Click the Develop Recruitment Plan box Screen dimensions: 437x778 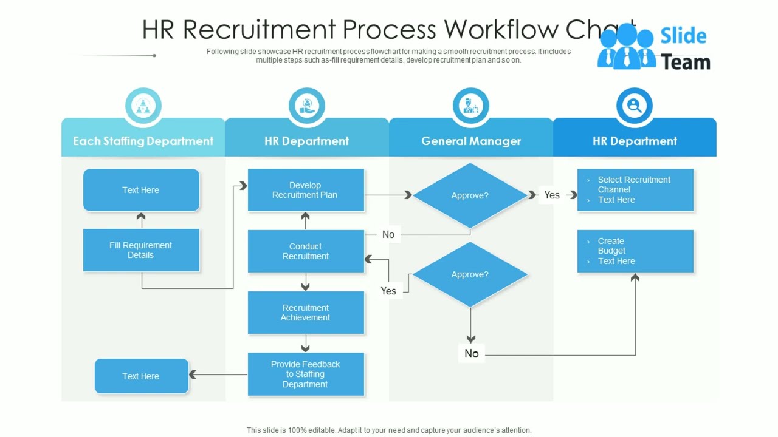[306, 190]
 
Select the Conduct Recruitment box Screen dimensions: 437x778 [306, 251]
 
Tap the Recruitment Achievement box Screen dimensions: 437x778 [306, 313]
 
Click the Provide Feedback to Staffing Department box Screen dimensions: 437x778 [306, 374]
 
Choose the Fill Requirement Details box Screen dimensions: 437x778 [141, 250]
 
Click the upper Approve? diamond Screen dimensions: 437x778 [470, 195]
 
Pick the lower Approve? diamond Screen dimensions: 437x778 [470, 274]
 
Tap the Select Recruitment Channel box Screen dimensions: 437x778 [635, 190]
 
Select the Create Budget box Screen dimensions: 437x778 [635, 251]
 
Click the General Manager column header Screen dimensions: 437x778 [471, 141]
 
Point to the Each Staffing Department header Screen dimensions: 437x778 [143, 141]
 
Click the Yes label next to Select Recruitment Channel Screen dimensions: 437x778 [552, 195]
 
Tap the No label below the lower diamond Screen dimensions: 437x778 [472, 353]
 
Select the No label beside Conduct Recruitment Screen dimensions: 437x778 [388, 234]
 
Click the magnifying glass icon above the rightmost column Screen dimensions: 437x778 [635, 106]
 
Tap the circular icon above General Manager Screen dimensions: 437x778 [470, 106]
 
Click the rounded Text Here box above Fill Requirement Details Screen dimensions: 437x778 [141, 190]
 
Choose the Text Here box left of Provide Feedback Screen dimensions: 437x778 [141, 376]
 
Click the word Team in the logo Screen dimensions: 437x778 [686, 62]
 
